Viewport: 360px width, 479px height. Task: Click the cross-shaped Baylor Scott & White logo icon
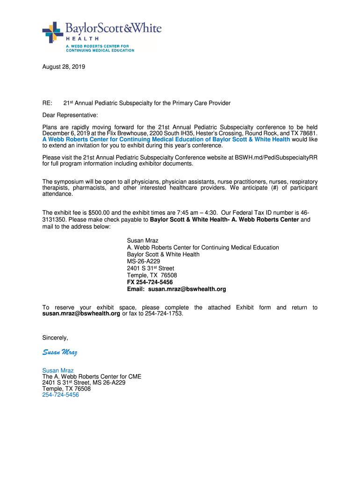pos(53,32)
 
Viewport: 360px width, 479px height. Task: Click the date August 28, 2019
pos(64,67)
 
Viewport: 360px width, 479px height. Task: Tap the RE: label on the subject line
pos(47,103)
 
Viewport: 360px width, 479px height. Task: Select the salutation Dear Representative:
pos(71,115)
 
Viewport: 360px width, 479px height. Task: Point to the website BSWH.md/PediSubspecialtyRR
pos(276,158)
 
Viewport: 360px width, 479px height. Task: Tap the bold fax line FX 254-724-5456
pos(150,283)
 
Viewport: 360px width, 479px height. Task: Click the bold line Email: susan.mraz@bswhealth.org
pos(176,290)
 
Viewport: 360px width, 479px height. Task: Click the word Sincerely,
pos(55,338)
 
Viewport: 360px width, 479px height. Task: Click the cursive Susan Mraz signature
pos(60,352)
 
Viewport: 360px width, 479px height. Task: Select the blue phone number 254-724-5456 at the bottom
pos(60,395)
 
